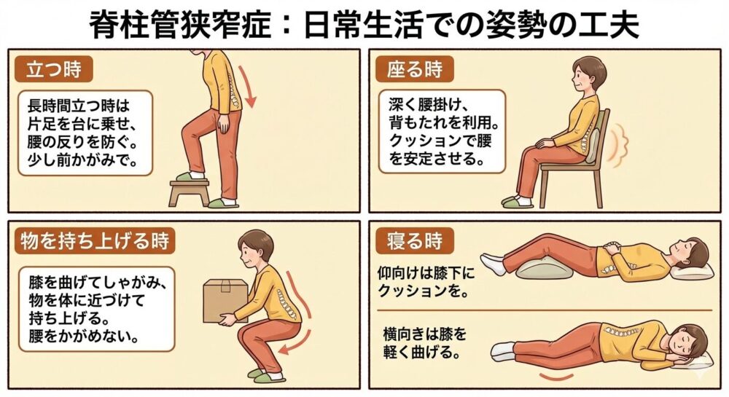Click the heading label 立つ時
click(54, 70)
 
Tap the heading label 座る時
click(414, 70)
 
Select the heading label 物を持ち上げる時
click(95, 241)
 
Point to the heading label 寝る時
click(414, 241)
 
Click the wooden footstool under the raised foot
click(190, 192)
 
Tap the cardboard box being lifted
click(225, 300)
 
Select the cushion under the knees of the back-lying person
click(545, 269)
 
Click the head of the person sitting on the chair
click(588, 76)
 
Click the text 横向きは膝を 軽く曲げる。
click(424, 343)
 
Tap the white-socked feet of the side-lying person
click(503, 350)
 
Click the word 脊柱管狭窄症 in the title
click(180, 25)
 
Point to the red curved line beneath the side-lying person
click(556, 376)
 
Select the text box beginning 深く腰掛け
click(442, 132)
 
